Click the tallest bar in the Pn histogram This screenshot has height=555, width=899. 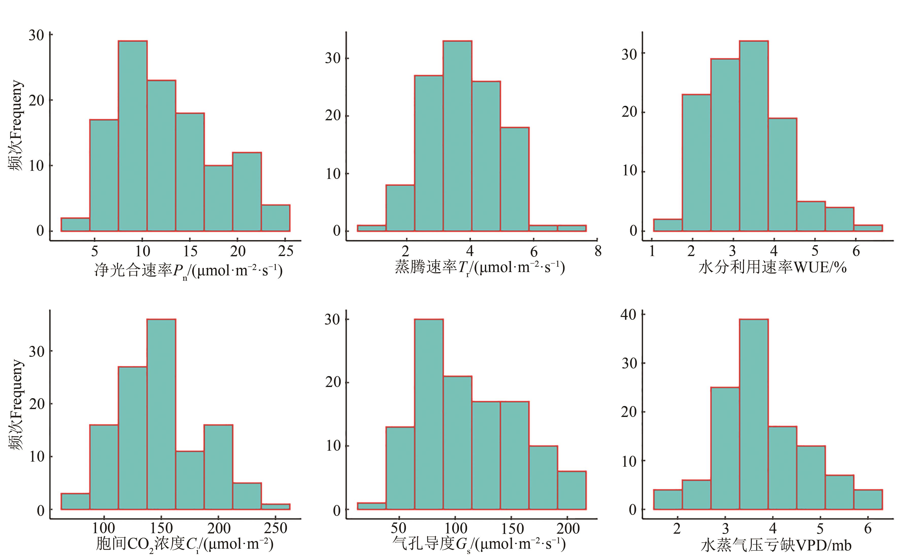point(132,136)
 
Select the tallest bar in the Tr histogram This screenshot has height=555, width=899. point(457,136)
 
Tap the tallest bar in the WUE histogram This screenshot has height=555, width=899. point(754,136)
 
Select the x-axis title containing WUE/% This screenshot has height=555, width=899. point(772,267)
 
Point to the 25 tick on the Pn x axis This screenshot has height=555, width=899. point(285,251)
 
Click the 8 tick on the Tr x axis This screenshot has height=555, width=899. point(598,251)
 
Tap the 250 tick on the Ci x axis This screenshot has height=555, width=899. point(275,529)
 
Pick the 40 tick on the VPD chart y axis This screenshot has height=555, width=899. point(628,315)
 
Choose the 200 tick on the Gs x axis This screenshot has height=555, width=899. point(568,529)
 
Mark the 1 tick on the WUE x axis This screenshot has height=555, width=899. point(652,251)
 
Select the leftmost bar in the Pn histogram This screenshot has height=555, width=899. point(75,225)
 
